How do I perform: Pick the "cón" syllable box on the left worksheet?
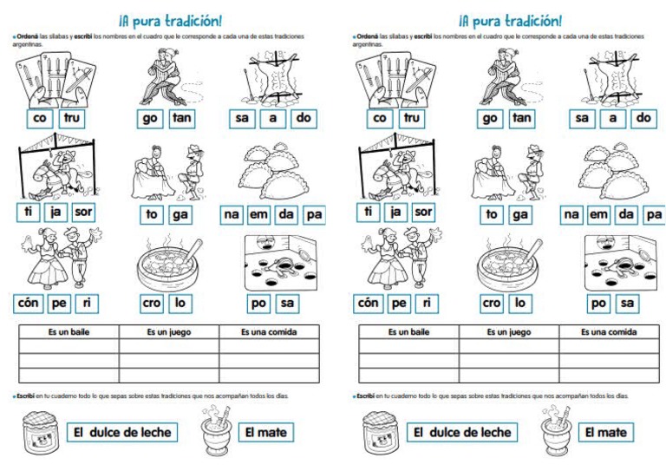29,304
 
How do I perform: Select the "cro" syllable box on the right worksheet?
492,304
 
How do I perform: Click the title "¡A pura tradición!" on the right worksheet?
510,19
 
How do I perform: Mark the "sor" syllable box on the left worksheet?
83,211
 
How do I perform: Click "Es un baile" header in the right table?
408,332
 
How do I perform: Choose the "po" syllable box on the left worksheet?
259,304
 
